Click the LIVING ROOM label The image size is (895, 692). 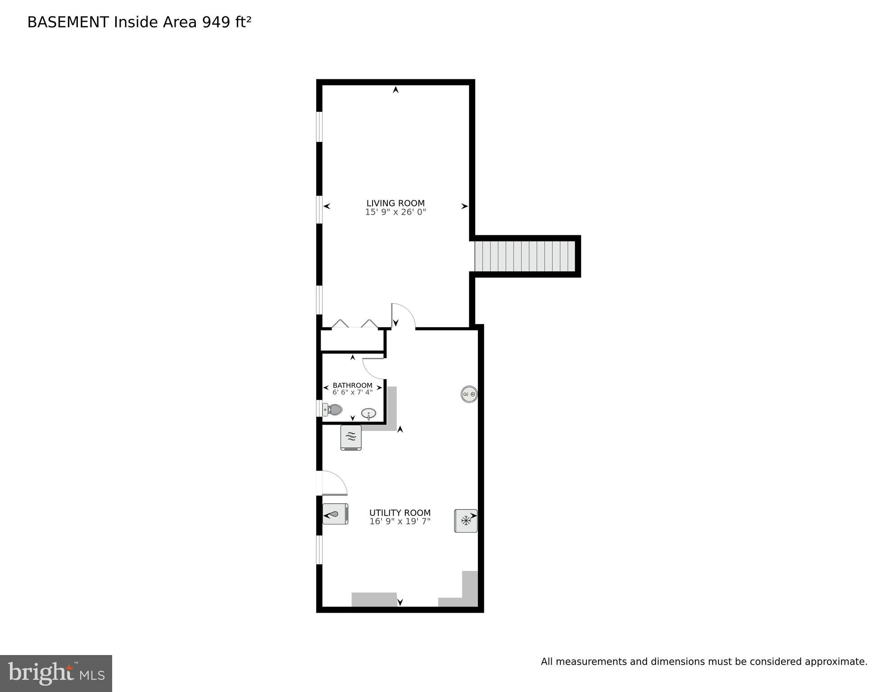tap(395, 203)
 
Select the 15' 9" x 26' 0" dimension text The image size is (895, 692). tap(395, 212)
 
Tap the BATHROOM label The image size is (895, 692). tap(352, 385)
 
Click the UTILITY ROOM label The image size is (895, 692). tap(400, 513)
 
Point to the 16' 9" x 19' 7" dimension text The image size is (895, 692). tap(400, 522)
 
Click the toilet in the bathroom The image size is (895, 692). tap(333, 410)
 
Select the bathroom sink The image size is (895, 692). tap(368, 413)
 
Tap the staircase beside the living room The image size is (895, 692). tap(525, 256)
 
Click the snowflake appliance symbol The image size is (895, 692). tap(465, 521)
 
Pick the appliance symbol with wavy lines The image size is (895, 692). tap(351, 437)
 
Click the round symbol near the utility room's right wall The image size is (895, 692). tap(469, 394)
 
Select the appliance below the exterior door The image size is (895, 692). tap(336, 514)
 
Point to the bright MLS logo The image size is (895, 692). tap(56, 674)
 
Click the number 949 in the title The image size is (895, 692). tap(216, 22)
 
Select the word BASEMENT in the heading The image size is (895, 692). tap(68, 22)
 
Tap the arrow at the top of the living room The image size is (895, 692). tap(395, 90)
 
